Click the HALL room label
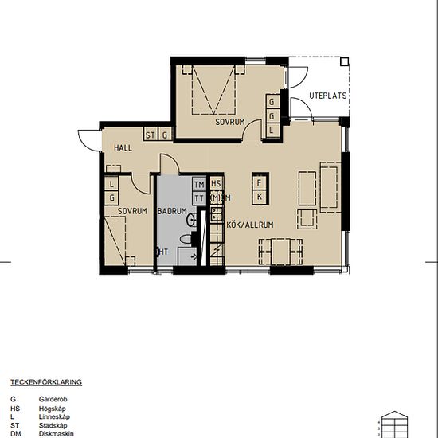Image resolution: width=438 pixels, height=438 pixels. [123, 148]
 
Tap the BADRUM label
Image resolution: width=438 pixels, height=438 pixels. [171, 211]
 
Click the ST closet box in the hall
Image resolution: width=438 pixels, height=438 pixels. [150, 135]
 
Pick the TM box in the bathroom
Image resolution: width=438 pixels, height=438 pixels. [198, 184]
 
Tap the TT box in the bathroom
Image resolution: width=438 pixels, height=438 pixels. [198, 197]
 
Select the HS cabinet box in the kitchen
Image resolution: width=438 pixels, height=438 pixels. [215, 184]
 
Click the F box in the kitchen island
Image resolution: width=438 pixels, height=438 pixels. [259, 182]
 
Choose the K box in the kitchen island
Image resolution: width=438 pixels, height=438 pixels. [259, 195]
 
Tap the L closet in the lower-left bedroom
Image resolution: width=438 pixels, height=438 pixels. [111, 183]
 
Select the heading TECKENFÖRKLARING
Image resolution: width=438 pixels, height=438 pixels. [45, 382]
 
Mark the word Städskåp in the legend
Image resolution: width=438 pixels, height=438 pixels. [53, 424]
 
